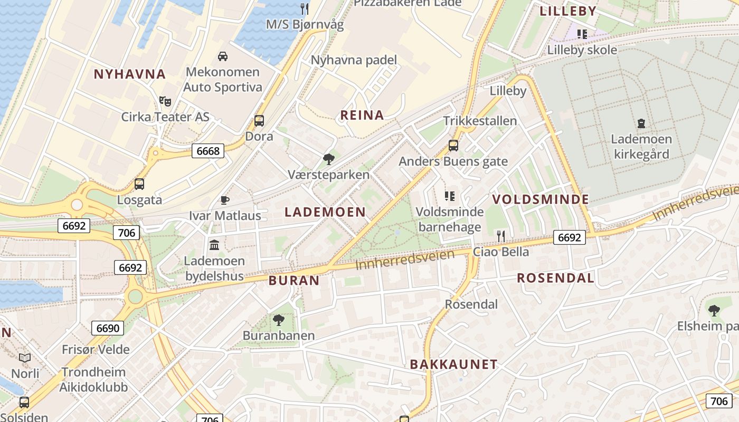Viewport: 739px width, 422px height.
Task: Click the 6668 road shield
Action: click(x=208, y=151)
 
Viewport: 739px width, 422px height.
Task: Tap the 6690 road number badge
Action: click(x=108, y=328)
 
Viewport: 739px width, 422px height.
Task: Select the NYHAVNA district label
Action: click(x=130, y=74)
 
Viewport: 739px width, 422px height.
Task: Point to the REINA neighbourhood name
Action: click(x=362, y=116)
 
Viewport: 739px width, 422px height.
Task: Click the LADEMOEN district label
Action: click(x=325, y=212)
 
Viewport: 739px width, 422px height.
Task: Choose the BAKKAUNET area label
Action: click(x=454, y=365)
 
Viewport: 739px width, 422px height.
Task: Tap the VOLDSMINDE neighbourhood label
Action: click(x=541, y=199)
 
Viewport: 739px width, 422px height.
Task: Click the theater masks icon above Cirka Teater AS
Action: click(x=165, y=101)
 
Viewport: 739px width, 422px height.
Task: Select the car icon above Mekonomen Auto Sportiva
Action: click(x=223, y=56)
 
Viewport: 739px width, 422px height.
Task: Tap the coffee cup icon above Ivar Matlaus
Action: click(x=225, y=200)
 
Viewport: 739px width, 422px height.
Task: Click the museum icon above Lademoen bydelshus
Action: click(x=214, y=245)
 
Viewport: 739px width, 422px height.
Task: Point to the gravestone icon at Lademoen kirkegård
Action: click(x=641, y=123)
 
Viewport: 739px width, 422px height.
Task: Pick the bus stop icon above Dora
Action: click(x=259, y=120)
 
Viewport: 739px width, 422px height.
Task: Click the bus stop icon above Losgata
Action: click(x=139, y=184)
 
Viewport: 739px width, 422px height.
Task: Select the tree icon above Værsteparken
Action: click(x=329, y=158)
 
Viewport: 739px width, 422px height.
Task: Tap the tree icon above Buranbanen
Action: click(x=278, y=319)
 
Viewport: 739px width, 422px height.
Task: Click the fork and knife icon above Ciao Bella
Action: click(x=501, y=235)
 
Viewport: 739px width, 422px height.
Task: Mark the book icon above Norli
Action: click(x=25, y=358)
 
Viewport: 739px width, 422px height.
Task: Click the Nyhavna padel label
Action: click(x=354, y=60)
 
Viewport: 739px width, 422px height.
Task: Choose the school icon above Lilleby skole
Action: click(x=582, y=34)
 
